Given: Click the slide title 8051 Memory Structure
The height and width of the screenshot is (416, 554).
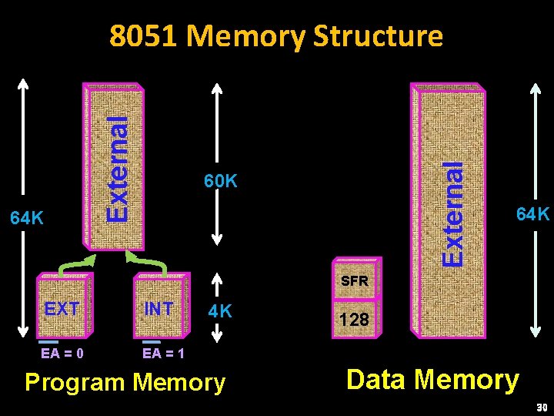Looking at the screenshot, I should (x=276, y=36).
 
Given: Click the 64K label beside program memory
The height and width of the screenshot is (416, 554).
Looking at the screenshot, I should (x=26, y=219).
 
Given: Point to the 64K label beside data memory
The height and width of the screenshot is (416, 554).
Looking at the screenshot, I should (x=532, y=214).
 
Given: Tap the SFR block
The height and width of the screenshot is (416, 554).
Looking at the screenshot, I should (x=355, y=278).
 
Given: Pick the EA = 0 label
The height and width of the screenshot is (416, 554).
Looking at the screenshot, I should (x=62, y=354).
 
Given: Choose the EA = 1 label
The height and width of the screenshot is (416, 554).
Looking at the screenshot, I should (x=163, y=354).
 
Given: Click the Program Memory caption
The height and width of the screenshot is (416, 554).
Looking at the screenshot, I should (x=125, y=383).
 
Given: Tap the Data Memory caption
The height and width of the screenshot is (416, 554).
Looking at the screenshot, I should (x=432, y=380).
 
